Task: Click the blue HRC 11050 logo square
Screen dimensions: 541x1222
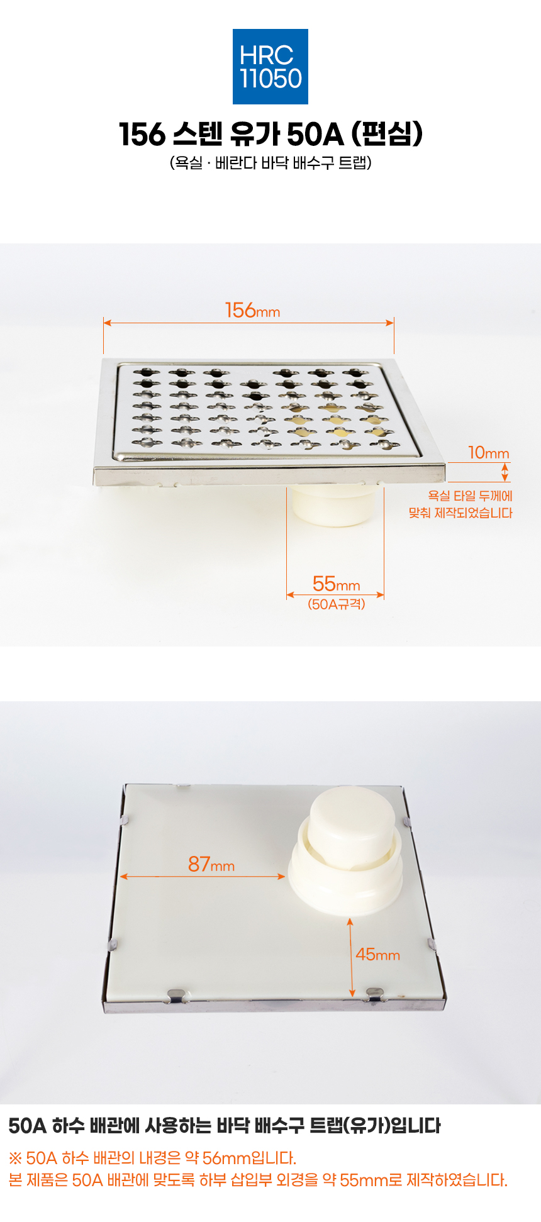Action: pos(270,67)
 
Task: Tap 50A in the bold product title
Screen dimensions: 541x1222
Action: pos(315,134)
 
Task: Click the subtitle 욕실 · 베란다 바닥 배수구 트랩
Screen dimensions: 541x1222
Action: pos(270,163)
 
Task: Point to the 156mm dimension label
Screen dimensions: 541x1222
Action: pos(252,310)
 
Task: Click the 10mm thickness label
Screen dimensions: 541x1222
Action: pos(489,453)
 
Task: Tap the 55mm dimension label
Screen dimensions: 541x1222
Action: pos(336,584)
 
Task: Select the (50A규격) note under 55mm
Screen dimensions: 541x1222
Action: pos(336,604)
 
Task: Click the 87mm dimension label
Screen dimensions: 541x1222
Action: pos(211,864)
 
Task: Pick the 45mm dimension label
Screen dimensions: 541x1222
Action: pos(377,954)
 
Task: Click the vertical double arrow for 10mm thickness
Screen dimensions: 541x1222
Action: pos(505,472)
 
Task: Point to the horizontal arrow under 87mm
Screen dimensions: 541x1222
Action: pos(203,876)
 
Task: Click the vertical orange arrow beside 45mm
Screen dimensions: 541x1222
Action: pos(350,957)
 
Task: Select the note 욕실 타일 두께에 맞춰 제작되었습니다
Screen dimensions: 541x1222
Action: pos(460,504)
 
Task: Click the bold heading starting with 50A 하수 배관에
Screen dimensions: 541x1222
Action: pos(225,1125)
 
